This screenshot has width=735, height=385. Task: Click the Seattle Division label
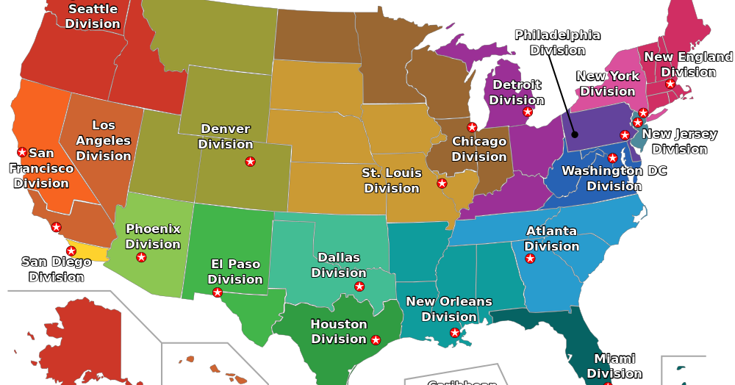[93, 16]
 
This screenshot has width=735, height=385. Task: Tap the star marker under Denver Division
[250, 162]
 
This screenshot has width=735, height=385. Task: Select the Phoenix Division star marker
[141, 257]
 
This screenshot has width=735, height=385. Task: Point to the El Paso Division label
[235, 272]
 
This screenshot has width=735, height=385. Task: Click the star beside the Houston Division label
[376, 340]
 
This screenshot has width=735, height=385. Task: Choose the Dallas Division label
[339, 265]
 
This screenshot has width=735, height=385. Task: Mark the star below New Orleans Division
[455, 333]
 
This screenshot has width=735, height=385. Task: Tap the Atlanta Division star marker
[530, 259]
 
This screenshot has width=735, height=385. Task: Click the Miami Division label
[614, 366]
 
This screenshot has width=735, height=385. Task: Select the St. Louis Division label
[392, 181]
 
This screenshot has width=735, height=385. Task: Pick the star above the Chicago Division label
[472, 127]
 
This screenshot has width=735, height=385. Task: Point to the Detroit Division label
[517, 93]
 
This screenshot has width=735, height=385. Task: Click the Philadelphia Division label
[557, 43]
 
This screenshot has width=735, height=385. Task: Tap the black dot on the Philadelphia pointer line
[575, 134]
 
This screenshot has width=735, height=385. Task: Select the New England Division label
[688, 65]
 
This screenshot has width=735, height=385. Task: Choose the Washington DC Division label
[614, 179]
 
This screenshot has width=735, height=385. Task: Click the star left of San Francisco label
[22, 152]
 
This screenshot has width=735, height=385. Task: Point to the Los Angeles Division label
[104, 140]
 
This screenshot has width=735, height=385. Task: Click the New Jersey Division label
[679, 142]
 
